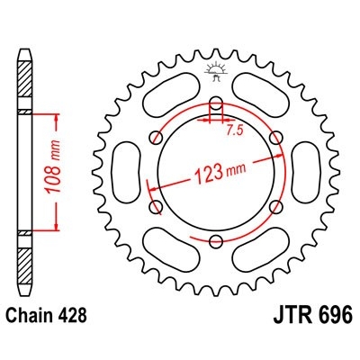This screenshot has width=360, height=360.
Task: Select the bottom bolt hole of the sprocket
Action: click(216, 239)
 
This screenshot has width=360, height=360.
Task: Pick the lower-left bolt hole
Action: click(157, 205)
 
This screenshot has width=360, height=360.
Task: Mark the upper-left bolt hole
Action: click(157, 137)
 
